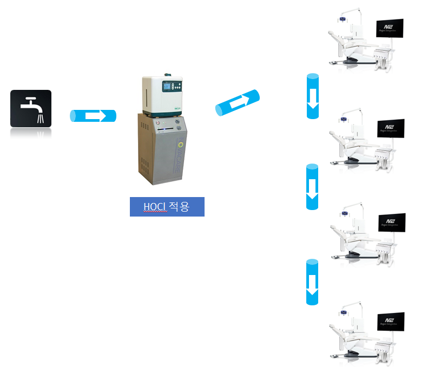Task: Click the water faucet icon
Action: pos(31,109)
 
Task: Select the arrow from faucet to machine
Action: pos(94,116)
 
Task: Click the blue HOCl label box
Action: pos(167,207)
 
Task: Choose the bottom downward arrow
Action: pos(313,282)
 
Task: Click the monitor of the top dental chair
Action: pos(390,29)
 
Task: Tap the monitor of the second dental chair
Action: pos(390,129)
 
